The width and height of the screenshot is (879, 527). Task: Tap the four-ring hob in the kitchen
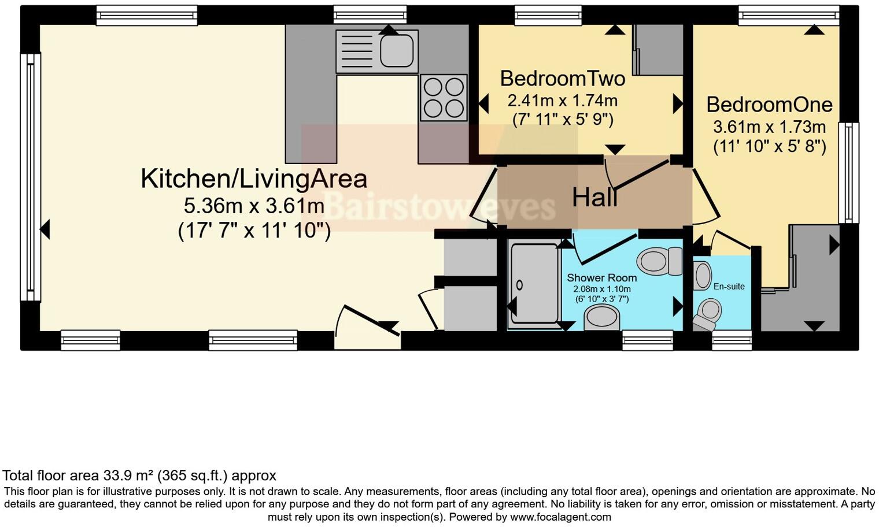click(444, 98)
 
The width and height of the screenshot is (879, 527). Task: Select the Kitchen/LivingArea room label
click(254, 179)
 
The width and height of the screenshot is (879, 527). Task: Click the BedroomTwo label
click(562, 78)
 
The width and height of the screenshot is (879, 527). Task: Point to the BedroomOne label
click(769, 105)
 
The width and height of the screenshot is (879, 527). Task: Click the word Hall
click(594, 198)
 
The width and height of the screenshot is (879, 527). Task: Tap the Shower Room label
click(601, 278)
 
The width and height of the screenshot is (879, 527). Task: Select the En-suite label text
click(729, 287)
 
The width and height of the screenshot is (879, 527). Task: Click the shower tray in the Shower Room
click(533, 283)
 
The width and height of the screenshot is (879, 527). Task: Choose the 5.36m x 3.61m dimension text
click(254, 206)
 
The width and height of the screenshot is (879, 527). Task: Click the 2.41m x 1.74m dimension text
click(562, 101)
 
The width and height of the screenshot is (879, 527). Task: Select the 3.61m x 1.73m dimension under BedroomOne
click(769, 127)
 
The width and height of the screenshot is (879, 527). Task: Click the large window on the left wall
click(30, 177)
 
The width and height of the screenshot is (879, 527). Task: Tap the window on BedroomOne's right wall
click(848, 173)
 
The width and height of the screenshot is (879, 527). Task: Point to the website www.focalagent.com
click(560, 517)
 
